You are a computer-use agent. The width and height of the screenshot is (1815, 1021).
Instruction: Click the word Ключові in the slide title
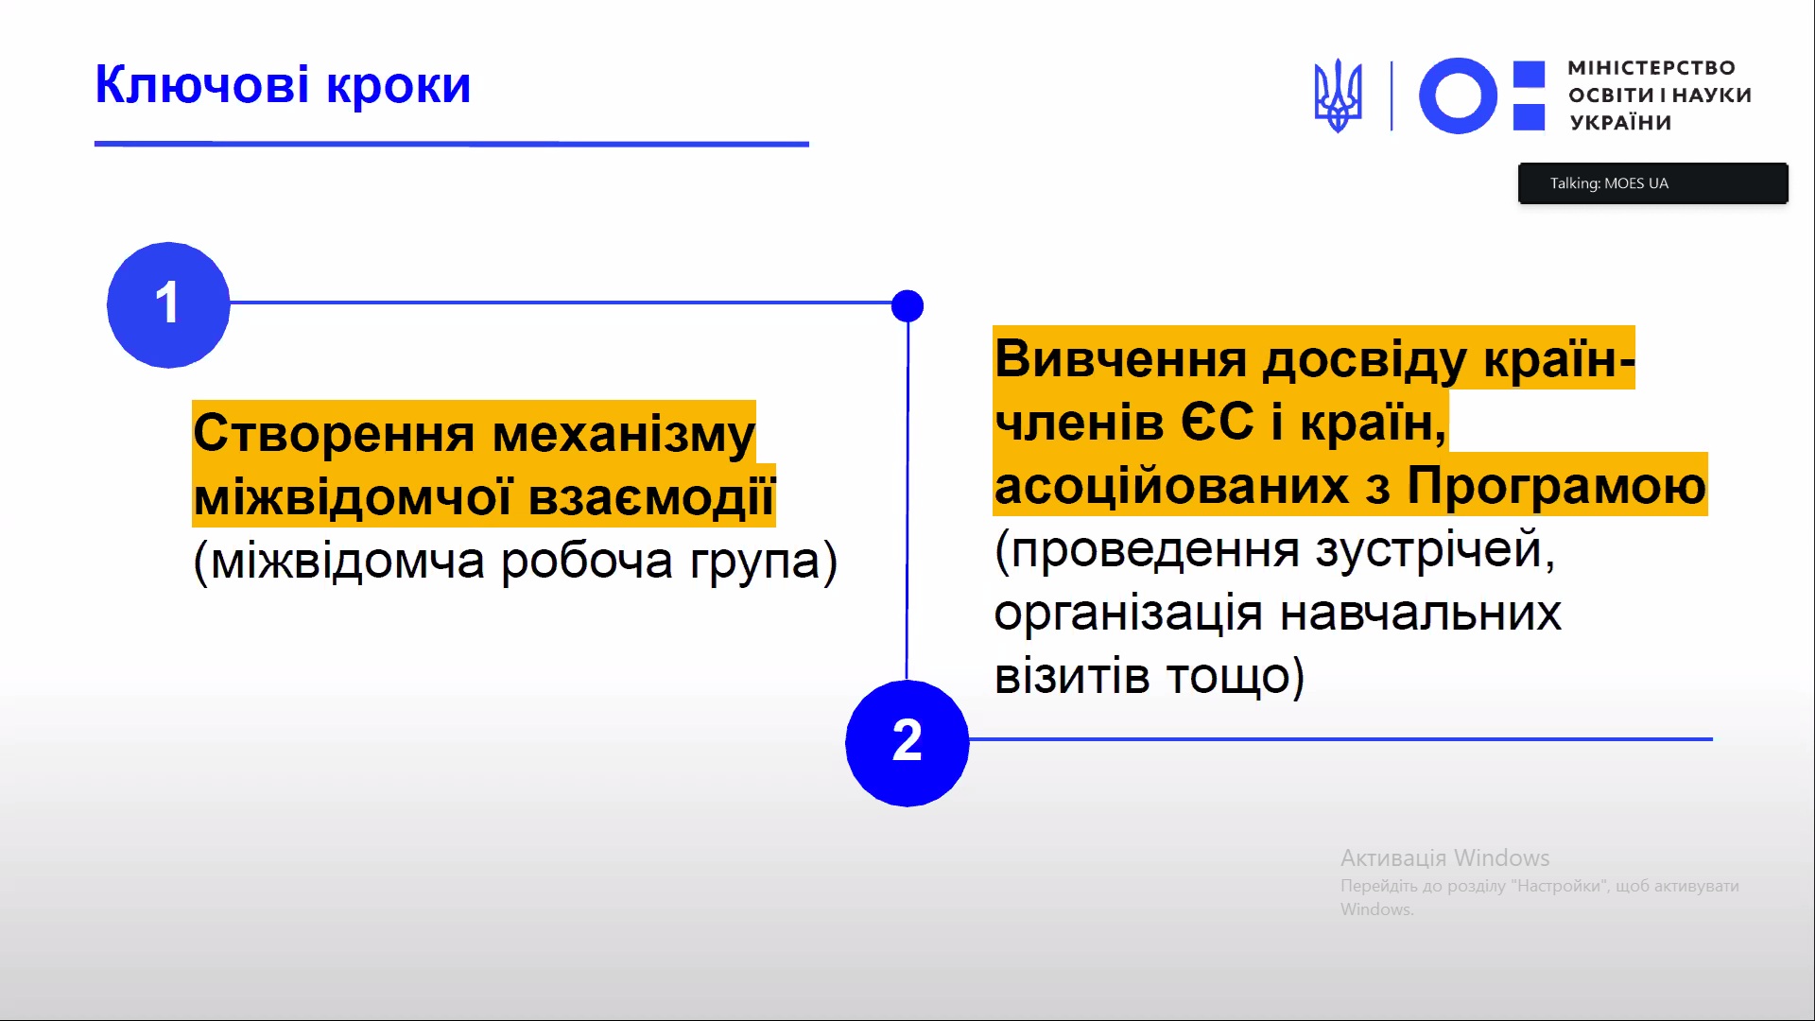pos(202,85)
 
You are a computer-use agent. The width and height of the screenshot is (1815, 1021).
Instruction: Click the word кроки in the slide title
pos(399,87)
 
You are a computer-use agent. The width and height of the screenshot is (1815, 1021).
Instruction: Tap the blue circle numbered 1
pos(168,304)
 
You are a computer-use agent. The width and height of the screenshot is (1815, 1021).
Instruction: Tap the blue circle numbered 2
pos(907,743)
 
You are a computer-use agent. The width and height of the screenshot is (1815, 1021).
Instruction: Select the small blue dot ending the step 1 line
pos(907,305)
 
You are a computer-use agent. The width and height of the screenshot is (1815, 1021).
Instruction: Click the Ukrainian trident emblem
pos(1338,95)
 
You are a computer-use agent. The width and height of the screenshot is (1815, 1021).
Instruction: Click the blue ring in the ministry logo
pos(1458,95)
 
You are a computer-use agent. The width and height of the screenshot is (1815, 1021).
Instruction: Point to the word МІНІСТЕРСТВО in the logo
pos(1651,68)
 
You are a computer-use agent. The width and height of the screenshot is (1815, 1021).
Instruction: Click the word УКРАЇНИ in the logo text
pos(1620,122)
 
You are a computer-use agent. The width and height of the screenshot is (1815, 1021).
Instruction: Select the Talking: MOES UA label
pos(1609,183)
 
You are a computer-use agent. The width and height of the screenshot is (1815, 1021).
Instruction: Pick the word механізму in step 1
pos(624,435)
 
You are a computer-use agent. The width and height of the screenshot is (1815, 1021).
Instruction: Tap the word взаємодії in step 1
pos(651,497)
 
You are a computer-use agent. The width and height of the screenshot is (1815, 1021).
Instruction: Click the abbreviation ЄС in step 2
pos(1218,422)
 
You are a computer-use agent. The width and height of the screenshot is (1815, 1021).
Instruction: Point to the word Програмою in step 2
pos(1556,486)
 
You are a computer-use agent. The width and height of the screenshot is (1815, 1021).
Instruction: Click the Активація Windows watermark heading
pos(1444,857)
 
